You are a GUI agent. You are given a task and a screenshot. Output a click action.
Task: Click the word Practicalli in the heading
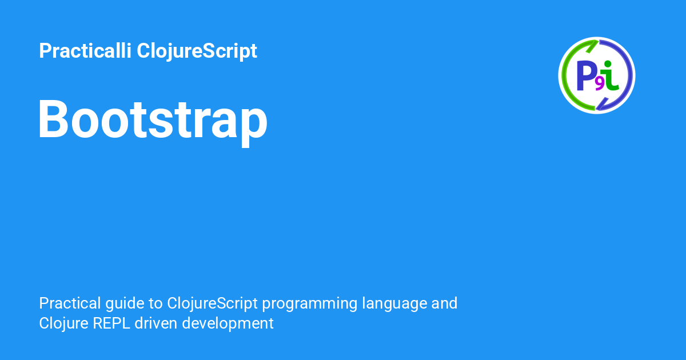(85, 50)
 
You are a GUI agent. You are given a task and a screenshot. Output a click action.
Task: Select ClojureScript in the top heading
(197, 51)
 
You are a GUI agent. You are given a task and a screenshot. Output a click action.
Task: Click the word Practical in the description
(70, 303)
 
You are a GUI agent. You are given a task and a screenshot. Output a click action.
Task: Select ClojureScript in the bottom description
(212, 304)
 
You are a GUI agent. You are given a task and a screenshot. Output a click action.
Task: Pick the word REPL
(111, 323)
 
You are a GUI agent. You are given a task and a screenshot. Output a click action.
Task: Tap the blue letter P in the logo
(585, 76)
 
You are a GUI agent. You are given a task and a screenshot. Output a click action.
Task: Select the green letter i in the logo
(610, 75)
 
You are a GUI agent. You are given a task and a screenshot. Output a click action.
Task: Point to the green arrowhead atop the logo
(593, 45)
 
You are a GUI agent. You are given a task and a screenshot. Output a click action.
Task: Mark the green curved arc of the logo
(564, 75)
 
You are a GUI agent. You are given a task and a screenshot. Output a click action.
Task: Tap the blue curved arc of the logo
(630, 75)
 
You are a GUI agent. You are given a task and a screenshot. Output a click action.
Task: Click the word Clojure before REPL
(63, 324)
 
